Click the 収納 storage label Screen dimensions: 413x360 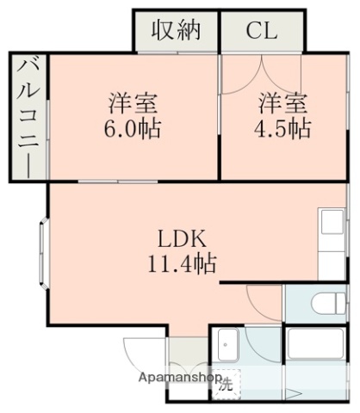(177, 31)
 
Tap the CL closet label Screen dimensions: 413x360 (261, 31)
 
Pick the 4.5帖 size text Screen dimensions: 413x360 (282, 130)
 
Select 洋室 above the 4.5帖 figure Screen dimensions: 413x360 (283, 104)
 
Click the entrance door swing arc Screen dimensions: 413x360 (141, 353)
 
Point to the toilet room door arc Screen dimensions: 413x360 (263, 303)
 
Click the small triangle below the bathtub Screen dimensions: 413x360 (294, 393)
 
